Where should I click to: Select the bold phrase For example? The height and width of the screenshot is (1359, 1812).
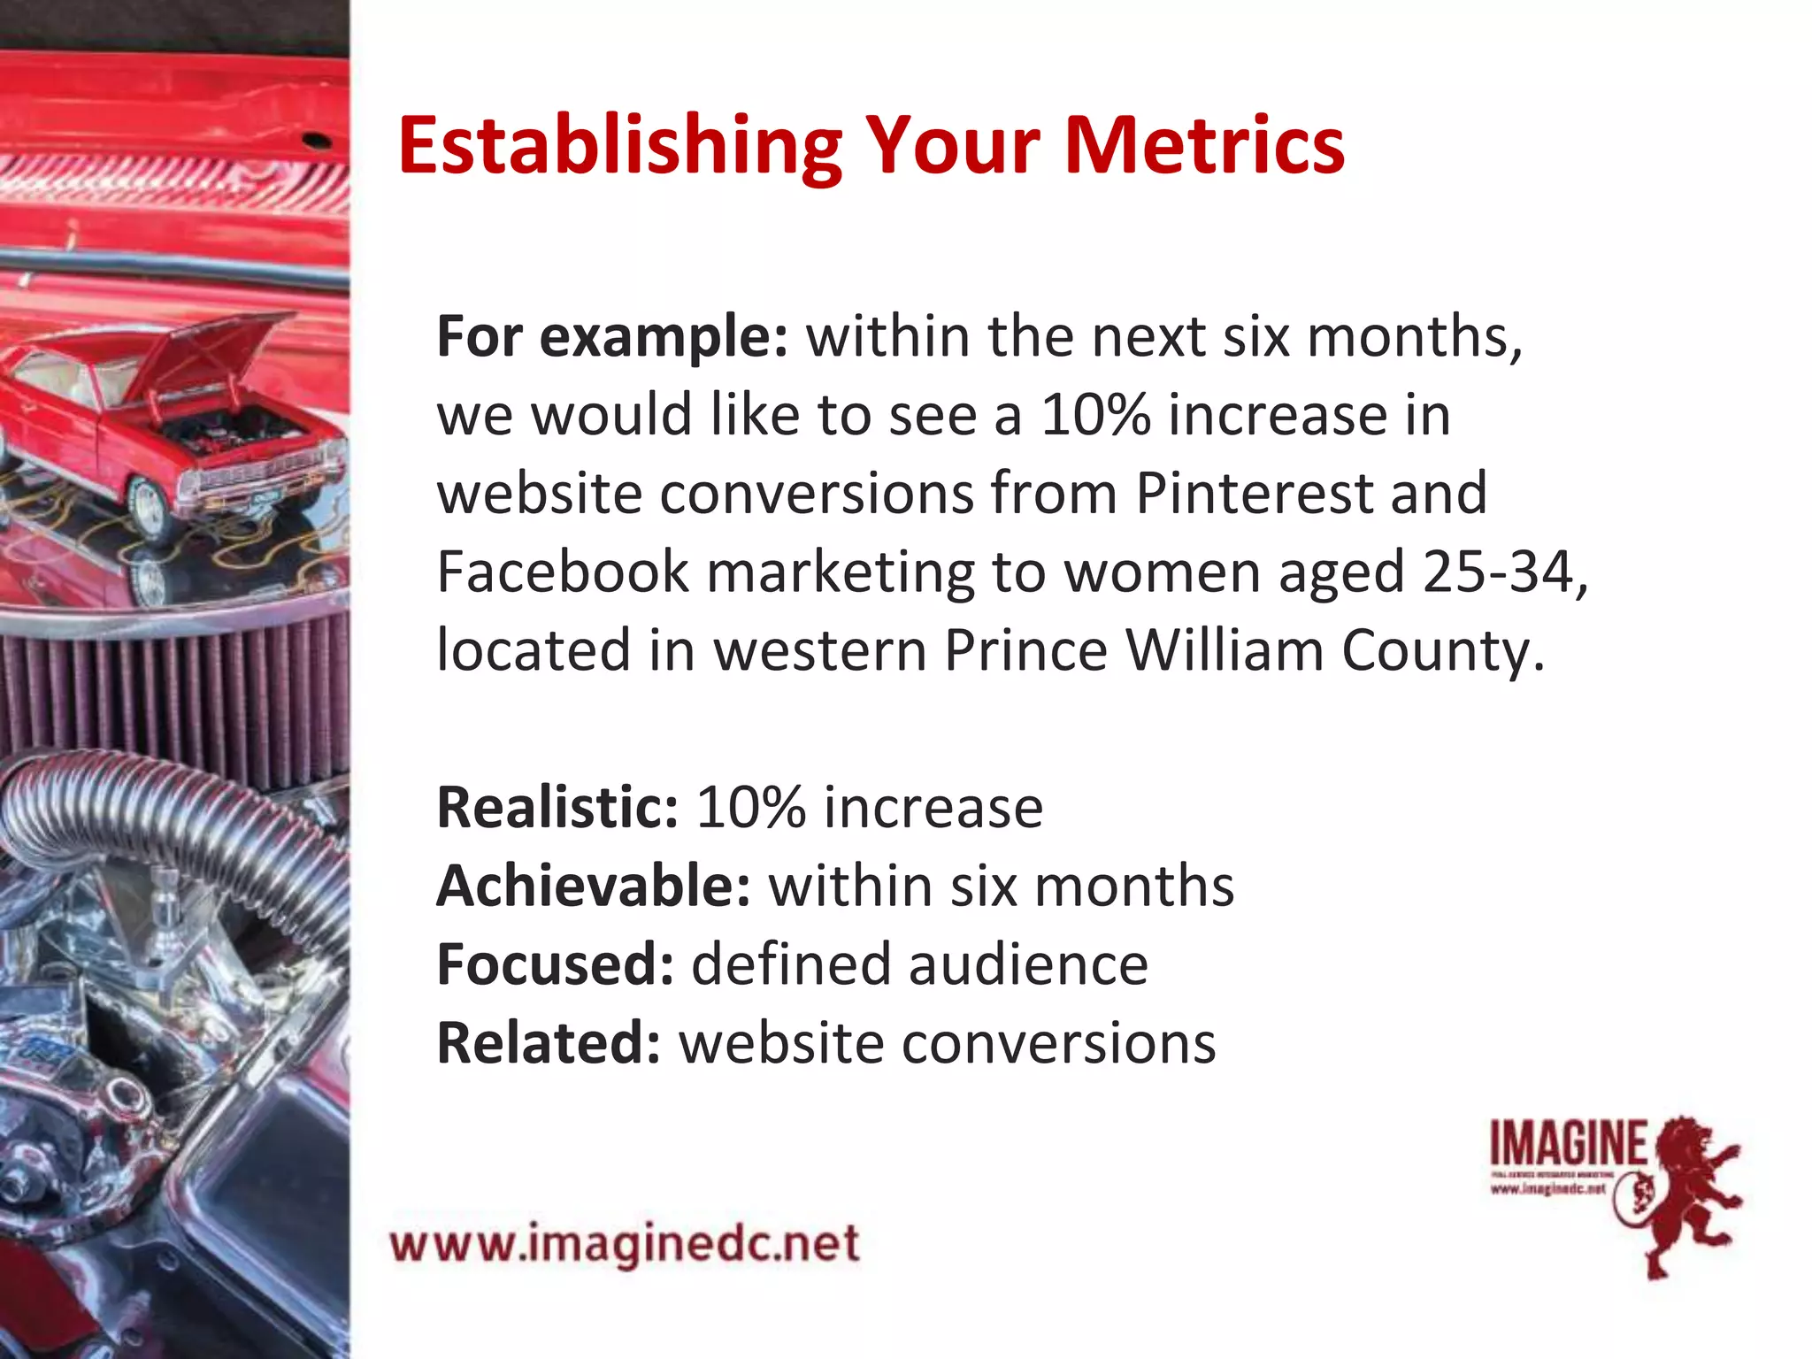pos(611,337)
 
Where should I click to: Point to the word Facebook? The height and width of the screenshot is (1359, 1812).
pos(562,572)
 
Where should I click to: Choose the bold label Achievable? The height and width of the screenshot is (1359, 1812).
pos(593,886)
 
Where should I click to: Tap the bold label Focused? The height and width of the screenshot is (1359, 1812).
pos(555,964)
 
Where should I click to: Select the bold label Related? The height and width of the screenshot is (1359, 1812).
pos(549,1043)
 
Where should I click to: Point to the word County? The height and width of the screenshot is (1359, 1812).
pos(1442,650)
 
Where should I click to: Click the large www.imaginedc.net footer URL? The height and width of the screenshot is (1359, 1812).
pos(625,1244)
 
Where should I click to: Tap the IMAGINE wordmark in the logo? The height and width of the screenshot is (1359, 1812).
pos(1568,1143)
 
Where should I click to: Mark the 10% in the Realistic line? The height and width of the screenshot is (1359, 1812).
pos(750,807)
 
